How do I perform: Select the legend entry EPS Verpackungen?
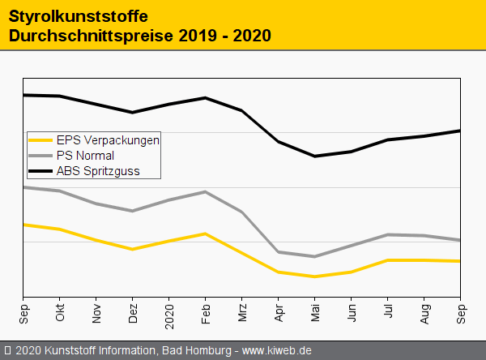point(108,139)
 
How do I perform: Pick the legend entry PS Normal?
point(85,155)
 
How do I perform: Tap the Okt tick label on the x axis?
point(60,314)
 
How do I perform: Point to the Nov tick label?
point(96,314)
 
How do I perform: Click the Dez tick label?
point(133,314)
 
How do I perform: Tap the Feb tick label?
point(206,314)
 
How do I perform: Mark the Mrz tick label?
point(242,314)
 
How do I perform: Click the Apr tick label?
point(279,314)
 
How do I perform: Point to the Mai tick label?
point(315,314)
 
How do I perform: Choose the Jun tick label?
point(352,314)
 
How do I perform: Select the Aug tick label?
point(424,314)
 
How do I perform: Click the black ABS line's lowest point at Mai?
point(314,156)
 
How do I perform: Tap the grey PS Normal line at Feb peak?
point(206,192)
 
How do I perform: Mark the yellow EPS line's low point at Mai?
point(314,276)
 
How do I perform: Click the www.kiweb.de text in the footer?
point(277,350)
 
